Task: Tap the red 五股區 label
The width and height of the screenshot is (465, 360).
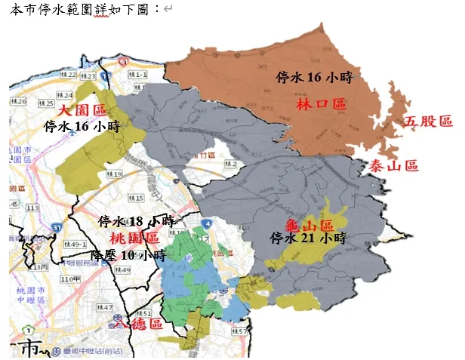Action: coord(427,121)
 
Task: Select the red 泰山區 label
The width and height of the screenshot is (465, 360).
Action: coord(393,167)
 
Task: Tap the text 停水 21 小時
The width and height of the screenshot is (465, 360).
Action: coord(308,238)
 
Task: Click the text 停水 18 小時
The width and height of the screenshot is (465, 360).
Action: coord(137,222)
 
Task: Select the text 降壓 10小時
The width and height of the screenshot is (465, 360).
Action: coord(128,255)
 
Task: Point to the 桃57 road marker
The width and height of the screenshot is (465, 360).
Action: coord(239,331)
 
